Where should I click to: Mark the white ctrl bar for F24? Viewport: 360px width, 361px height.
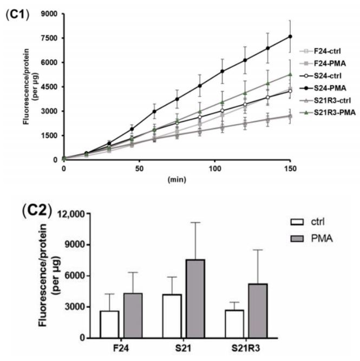110,324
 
